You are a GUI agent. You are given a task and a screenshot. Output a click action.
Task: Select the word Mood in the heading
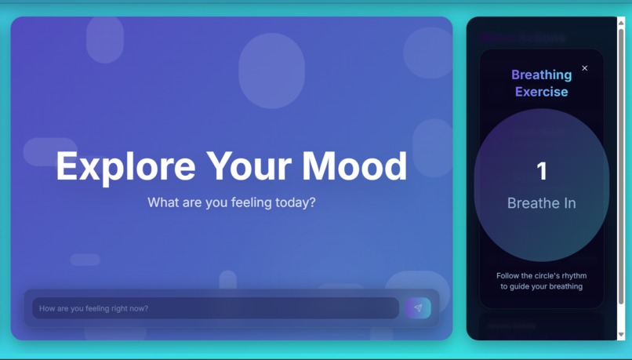(x=354, y=166)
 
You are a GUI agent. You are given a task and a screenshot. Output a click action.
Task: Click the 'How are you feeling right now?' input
(x=215, y=308)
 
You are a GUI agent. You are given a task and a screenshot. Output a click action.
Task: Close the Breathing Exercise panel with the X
(x=585, y=68)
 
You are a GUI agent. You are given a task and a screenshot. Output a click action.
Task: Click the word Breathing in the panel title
(x=541, y=75)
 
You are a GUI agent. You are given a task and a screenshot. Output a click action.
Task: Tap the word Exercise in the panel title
(x=541, y=92)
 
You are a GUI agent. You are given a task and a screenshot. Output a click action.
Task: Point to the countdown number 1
(x=541, y=171)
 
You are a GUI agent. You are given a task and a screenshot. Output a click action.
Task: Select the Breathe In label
(x=541, y=203)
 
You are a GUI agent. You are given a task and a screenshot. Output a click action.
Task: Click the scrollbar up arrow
(x=621, y=22)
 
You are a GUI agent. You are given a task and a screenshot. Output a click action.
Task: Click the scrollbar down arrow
(x=621, y=335)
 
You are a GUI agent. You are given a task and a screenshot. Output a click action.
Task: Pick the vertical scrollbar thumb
(x=621, y=165)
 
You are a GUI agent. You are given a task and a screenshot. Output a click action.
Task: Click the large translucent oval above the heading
(x=271, y=71)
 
